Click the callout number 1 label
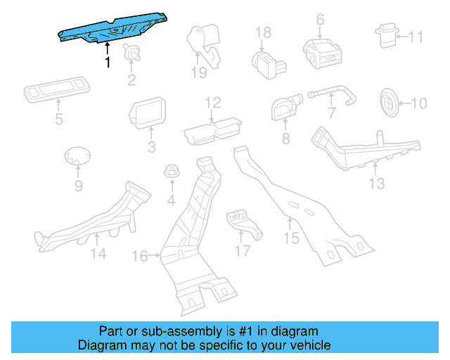coord(107,63)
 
